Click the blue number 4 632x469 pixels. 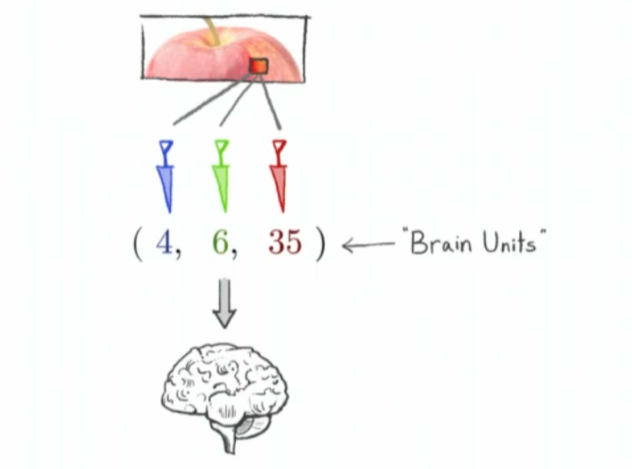click(x=164, y=242)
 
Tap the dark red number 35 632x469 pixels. click(x=285, y=242)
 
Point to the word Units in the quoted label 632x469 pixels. click(x=510, y=242)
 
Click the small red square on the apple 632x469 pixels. click(x=258, y=66)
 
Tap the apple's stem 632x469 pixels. click(x=212, y=30)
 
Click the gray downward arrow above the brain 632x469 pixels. click(x=224, y=303)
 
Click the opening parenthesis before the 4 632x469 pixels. click(x=138, y=243)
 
